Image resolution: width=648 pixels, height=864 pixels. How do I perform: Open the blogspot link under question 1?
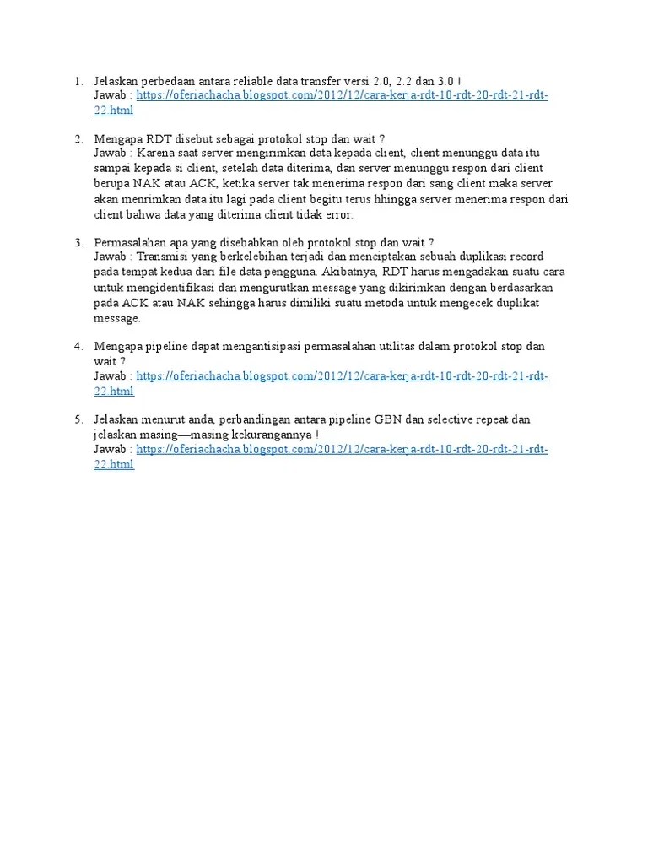click(x=342, y=96)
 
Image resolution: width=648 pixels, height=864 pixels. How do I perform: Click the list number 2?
click(x=77, y=138)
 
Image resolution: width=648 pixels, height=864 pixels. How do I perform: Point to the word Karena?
click(x=154, y=154)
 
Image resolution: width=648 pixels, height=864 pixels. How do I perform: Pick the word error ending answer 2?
click(x=337, y=214)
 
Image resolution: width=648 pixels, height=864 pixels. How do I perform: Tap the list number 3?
click(x=77, y=242)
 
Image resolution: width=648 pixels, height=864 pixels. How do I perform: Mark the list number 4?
click(x=77, y=346)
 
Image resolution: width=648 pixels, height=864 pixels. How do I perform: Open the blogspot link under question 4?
click(x=342, y=375)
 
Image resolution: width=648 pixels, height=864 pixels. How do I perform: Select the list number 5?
click(x=77, y=419)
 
